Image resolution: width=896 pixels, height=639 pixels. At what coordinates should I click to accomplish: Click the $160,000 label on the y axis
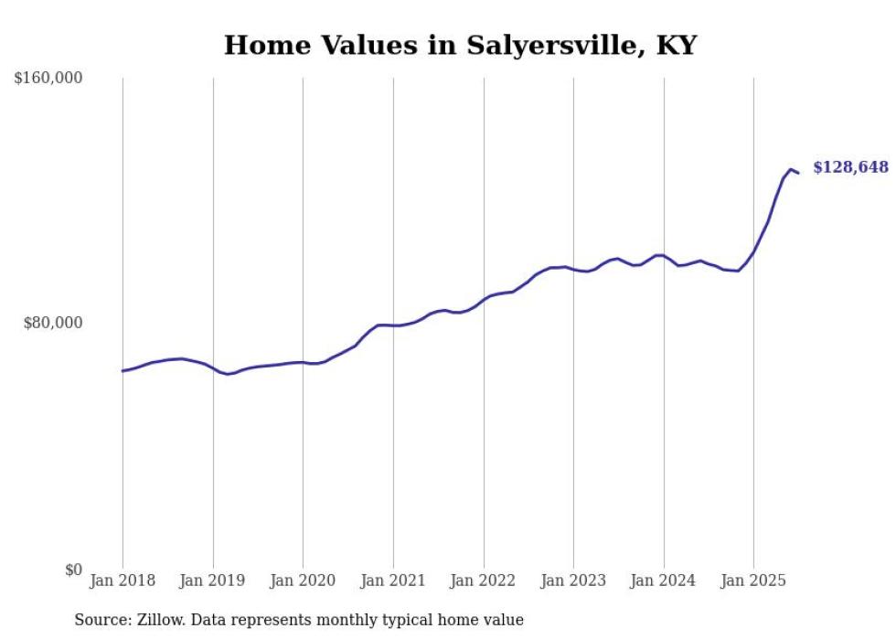[48, 79]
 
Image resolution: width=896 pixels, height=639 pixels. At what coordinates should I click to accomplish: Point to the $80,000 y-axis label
[52, 323]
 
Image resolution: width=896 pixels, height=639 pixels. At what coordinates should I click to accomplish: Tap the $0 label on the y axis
[73, 570]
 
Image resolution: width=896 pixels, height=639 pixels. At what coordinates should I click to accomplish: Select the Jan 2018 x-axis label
[123, 580]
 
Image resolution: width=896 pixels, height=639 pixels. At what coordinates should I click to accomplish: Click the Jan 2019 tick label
[213, 580]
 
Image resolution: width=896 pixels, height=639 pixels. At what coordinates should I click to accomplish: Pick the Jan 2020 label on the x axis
[304, 580]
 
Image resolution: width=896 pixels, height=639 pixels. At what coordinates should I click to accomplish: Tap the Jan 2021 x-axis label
[393, 580]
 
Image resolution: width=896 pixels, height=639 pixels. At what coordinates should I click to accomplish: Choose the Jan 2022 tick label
[484, 580]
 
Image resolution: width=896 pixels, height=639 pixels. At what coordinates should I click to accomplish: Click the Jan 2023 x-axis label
[573, 580]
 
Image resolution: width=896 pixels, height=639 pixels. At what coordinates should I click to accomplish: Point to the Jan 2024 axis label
[664, 580]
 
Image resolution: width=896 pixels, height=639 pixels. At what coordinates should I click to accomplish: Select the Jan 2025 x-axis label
[753, 580]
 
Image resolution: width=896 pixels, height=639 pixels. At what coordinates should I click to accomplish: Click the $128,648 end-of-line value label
[850, 167]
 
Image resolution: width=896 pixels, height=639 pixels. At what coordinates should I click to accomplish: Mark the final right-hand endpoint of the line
[798, 173]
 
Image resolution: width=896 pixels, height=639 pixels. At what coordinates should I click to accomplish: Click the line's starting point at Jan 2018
[123, 370]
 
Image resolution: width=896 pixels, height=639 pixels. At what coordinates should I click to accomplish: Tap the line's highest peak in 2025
[791, 169]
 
